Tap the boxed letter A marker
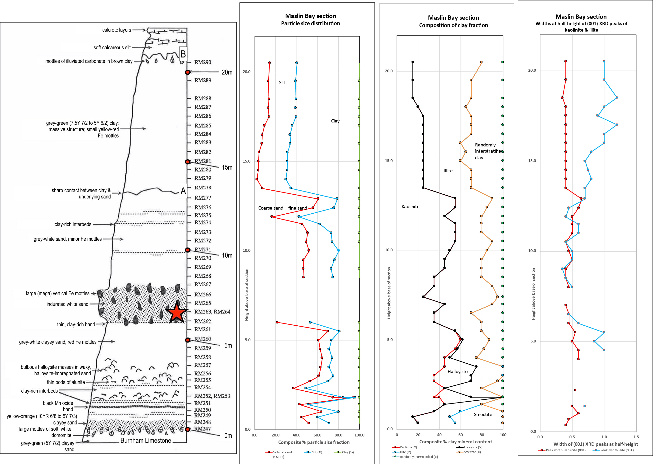[x=183, y=191]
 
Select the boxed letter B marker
[x=183, y=54]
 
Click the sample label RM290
[x=203, y=62]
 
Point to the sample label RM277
[x=203, y=198]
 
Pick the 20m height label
[x=227, y=72]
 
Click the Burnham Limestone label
[x=146, y=441]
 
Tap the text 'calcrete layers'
[x=117, y=30]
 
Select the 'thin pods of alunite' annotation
[x=66, y=382]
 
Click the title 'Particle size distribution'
[x=310, y=23]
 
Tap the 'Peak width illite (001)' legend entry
[x=617, y=450]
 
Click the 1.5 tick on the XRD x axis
[x=636, y=437]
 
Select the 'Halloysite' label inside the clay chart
[x=458, y=371]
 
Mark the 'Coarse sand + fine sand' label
[x=283, y=208]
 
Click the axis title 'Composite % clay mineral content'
[x=455, y=442]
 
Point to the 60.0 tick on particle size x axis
[x=317, y=435]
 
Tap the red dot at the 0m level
[x=187, y=429]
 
